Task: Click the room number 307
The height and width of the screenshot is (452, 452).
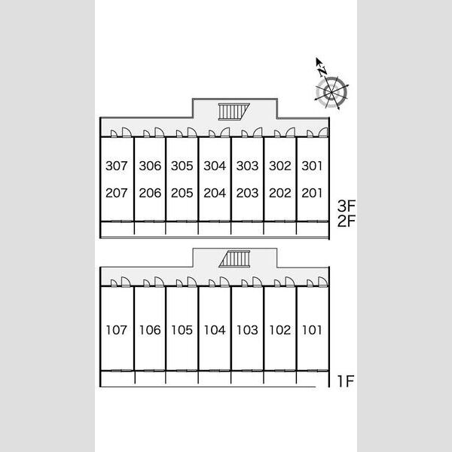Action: [x=117, y=166]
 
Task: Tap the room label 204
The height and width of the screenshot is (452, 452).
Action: [x=215, y=193]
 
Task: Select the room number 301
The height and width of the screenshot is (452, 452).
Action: [x=312, y=166]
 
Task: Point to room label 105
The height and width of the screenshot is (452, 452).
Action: [x=182, y=330]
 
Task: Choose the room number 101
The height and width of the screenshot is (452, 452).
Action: [x=312, y=330]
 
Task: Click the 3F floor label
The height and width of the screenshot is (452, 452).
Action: [x=347, y=206]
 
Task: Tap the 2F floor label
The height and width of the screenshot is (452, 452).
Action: [x=347, y=221]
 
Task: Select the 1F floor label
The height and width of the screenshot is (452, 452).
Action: [x=346, y=381]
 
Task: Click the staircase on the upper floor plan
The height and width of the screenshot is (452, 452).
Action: [x=234, y=111]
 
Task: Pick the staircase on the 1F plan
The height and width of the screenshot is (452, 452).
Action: [x=234, y=259]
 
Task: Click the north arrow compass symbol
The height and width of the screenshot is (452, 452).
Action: [x=331, y=92]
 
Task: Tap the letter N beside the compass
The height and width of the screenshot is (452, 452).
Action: [x=322, y=71]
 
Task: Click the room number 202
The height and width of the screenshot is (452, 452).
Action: [x=280, y=193]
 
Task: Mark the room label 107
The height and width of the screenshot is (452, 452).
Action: [x=117, y=330]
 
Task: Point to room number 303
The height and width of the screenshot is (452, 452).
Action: [x=247, y=166]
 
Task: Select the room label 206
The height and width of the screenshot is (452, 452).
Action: [x=150, y=193]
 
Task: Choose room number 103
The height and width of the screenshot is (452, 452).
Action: [x=247, y=330]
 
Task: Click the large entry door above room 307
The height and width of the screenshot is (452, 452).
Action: [x=127, y=133]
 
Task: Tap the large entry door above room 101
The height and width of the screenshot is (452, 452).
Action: [x=323, y=282]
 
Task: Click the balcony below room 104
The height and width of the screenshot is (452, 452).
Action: [x=215, y=378]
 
